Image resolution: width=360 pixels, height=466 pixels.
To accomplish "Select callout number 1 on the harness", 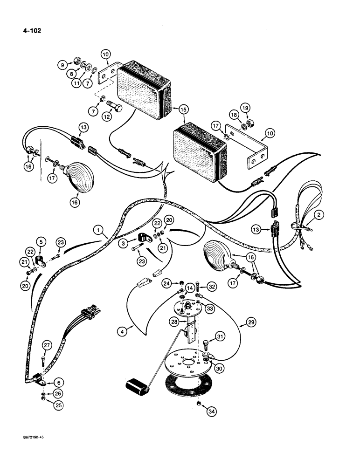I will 97,229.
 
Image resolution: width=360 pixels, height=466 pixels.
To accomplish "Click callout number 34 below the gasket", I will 200,411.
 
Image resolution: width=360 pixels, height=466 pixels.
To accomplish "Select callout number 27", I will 46,345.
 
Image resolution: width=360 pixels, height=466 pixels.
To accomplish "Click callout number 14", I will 190,288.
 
